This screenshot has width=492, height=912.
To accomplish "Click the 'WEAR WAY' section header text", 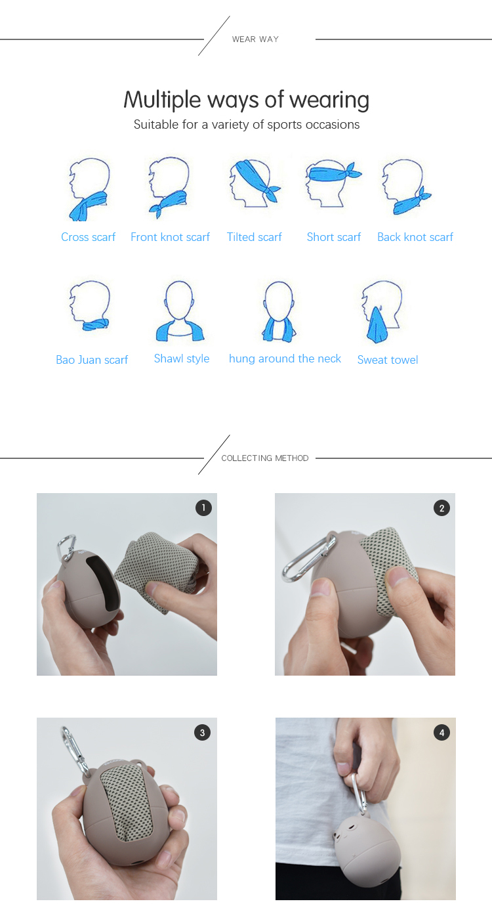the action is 255,39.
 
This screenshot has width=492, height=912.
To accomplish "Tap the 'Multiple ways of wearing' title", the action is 247,100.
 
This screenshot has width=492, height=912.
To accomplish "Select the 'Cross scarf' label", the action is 89,237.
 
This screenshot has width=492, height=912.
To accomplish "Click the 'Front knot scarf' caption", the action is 170,237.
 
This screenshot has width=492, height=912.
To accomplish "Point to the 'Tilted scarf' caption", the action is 254,237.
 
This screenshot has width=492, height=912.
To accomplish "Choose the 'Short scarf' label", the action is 334,237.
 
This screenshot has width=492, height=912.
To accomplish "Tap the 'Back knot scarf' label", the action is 415,237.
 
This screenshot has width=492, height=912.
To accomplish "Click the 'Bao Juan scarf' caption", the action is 92,360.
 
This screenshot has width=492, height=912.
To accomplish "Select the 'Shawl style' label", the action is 182,358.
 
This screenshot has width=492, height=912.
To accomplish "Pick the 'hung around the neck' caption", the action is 285,358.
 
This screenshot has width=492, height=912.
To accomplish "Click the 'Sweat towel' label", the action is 388,360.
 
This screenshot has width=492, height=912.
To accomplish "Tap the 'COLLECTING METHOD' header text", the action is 265,458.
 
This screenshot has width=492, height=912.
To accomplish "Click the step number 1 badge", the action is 204,508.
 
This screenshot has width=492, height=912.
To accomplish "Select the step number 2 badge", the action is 441,508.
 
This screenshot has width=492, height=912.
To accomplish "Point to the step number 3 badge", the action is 203,733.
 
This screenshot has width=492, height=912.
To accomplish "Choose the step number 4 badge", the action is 442,733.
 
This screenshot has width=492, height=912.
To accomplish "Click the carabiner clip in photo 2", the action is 308,558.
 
